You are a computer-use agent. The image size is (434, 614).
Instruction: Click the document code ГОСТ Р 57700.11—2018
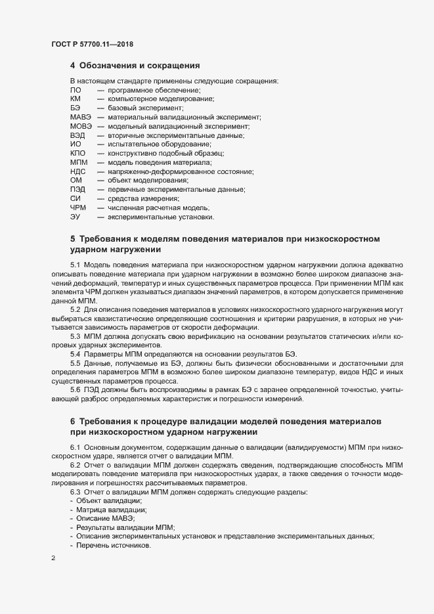pyautogui.click(x=93, y=45)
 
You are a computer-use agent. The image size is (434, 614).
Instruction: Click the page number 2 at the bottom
pyautogui.click(x=53, y=559)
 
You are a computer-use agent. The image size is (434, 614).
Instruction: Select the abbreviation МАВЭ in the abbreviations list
pyautogui.click(x=80, y=117)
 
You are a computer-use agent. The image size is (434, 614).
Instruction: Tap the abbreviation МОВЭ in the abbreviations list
pyautogui.click(x=80, y=126)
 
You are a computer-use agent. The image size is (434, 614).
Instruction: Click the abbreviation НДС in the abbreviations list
pyautogui.click(x=77, y=171)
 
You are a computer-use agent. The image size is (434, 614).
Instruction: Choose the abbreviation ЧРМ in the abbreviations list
pyautogui.click(x=77, y=208)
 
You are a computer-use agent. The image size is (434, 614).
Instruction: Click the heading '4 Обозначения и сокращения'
pyautogui.click(x=135, y=66)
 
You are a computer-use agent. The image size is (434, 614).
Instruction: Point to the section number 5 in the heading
pyautogui.click(x=73, y=238)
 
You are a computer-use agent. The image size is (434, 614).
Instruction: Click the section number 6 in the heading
pyautogui.click(x=73, y=420)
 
